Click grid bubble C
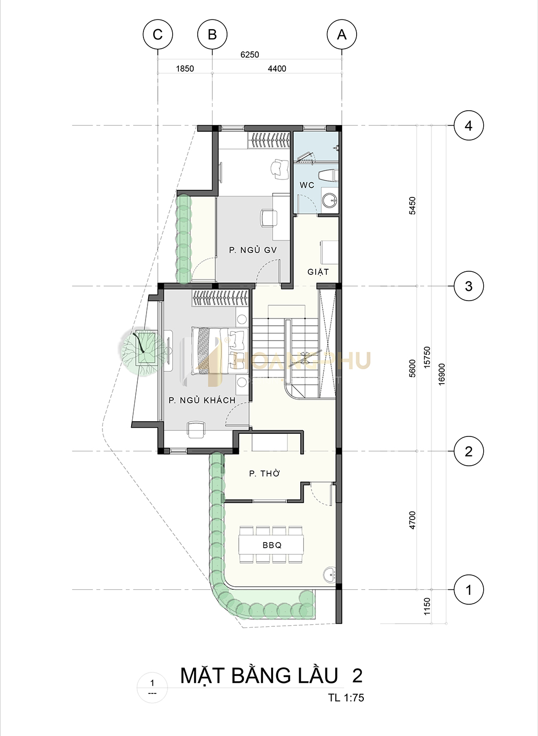[158, 34]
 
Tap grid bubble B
[212, 34]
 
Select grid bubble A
[342, 34]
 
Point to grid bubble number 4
[469, 126]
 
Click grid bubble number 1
[469, 590]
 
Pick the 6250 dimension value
[250, 54]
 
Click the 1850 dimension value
[185, 69]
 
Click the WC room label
[307, 185]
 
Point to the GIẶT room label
[318, 272]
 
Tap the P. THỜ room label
[264, 473]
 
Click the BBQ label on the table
[272, 545]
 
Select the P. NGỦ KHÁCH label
[202, 400]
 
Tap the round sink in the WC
[329, 200]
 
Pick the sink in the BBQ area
[329, 574]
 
